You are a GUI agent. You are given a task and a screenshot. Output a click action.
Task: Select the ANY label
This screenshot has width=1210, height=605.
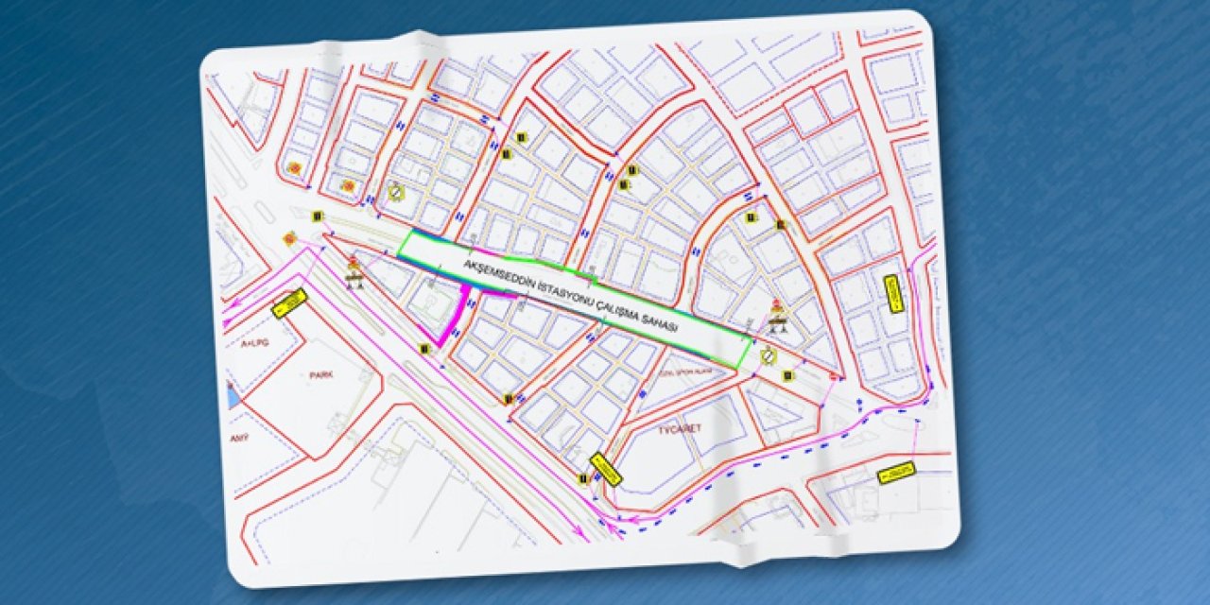click(239, 439)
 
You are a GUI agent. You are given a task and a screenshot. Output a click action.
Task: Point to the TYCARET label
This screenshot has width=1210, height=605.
click(678, 428)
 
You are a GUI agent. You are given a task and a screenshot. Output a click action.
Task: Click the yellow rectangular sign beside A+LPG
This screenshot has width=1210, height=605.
click(289, 302)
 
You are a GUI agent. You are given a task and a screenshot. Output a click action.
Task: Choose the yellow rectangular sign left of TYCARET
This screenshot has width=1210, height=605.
click(605, 470)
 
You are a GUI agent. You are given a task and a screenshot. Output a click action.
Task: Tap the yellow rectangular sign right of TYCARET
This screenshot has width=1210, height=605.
click(896, 473)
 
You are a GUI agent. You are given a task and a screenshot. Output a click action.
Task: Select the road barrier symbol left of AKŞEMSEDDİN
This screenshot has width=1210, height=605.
click(355, 272)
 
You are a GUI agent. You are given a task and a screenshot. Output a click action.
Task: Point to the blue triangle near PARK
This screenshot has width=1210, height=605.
click(233, 396)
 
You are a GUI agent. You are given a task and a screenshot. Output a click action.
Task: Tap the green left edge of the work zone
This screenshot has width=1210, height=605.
click(405, 244)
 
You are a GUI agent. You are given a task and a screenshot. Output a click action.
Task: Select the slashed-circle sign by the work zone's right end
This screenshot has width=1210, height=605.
click(769, 355)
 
